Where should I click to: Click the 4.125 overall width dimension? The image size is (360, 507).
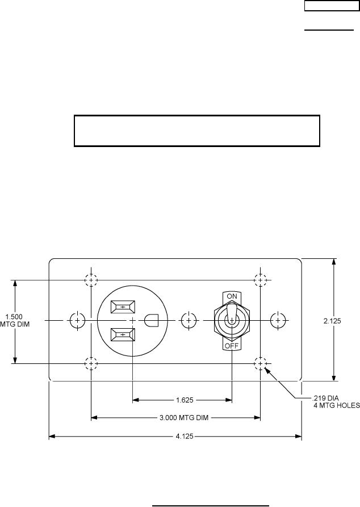pos(185,436)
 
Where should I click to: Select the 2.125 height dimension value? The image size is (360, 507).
pos(332,321)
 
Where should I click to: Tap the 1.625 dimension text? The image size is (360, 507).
pos(185,400)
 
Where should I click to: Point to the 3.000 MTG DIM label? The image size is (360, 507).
pos(184,418)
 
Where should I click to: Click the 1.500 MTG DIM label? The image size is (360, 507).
pos(15,320)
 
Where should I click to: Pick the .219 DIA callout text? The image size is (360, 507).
pos(325,398)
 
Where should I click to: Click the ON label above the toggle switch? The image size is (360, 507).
pos(232,296)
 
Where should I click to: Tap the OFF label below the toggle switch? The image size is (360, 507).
pos(232,346)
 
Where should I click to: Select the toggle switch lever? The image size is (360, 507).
pos(232,313)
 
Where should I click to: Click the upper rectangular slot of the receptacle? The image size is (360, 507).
pos(123,307)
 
